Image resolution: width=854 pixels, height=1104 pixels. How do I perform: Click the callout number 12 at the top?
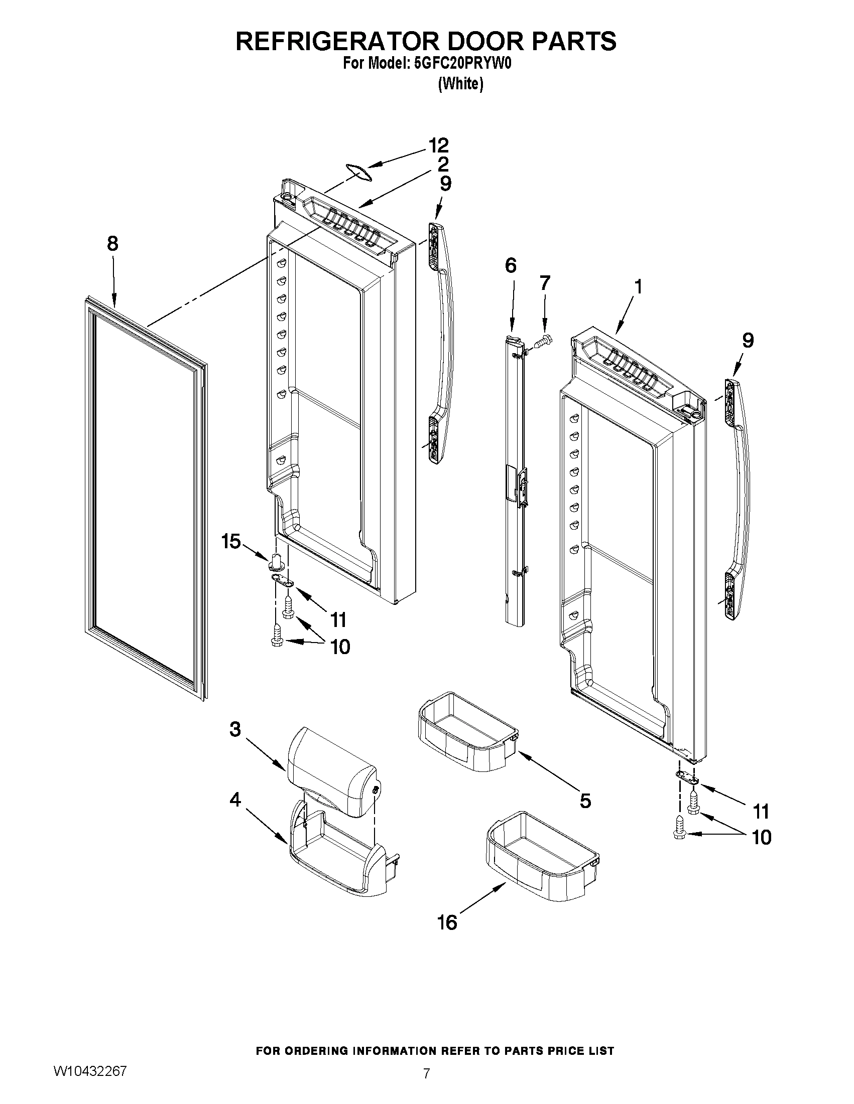[x=438, y=145]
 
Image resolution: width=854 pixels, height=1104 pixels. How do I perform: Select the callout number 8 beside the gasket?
[x=112, y=244]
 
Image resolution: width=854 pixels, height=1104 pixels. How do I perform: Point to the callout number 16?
[x=447, y=922]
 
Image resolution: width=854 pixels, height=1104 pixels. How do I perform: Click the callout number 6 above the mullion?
[x=511, y=265]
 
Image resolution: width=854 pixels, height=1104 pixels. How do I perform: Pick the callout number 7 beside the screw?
[x=544, y=283]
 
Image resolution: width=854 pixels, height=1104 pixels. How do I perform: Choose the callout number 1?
[x=638, y=287]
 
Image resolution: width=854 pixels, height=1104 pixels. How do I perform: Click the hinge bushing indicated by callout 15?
[x=276, y=561]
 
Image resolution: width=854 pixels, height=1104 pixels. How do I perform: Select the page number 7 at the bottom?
[x=426, y=1083]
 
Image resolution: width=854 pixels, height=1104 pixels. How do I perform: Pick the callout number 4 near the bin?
[x=235, y=799]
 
